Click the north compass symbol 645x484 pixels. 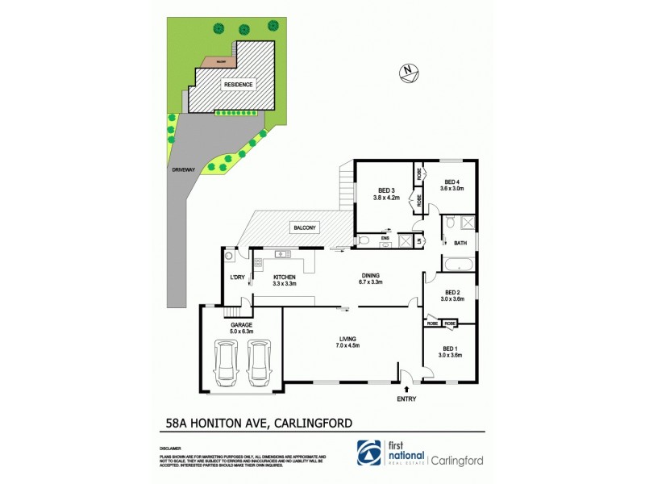409,73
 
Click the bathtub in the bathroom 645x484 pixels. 457,262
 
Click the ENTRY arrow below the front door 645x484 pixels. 404,389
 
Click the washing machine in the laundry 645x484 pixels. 229,257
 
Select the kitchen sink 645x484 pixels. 281,255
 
